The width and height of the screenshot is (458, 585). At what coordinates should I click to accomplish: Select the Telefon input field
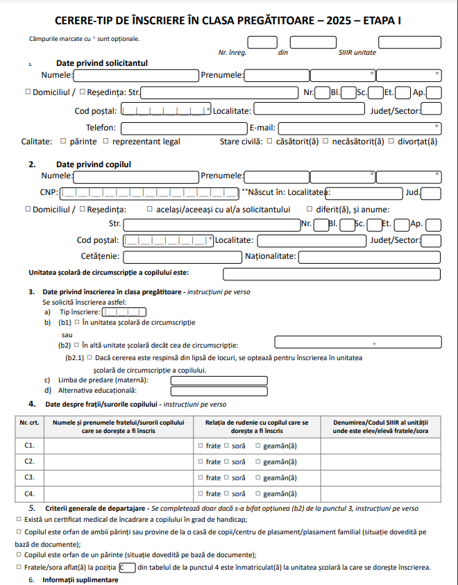coord(183,128)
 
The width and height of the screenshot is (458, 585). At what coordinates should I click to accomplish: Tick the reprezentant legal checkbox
coord(105,142)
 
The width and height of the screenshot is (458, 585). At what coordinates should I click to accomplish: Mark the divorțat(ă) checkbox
coord(391,142)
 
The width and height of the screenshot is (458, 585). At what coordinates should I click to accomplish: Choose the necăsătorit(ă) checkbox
coord(326,142)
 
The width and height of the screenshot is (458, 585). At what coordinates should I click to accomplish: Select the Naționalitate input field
coord(369,257)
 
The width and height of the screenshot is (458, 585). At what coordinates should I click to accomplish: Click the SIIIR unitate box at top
coord(409,42)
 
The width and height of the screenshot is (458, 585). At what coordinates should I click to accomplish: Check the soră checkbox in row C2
coord(226,461)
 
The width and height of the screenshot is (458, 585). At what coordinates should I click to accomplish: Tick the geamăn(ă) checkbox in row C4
coord(258,494)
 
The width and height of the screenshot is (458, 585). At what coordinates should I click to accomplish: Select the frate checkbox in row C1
coord(200,446)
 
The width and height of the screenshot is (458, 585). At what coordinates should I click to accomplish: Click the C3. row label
coord(29,478)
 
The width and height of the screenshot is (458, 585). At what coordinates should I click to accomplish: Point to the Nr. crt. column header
coord(29,422)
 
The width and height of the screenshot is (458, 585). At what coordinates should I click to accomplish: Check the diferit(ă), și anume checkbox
coord(309,209)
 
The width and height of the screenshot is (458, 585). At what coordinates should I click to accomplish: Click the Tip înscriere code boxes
coord(124,312)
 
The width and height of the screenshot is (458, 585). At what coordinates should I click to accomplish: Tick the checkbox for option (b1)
coord(77,323)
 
